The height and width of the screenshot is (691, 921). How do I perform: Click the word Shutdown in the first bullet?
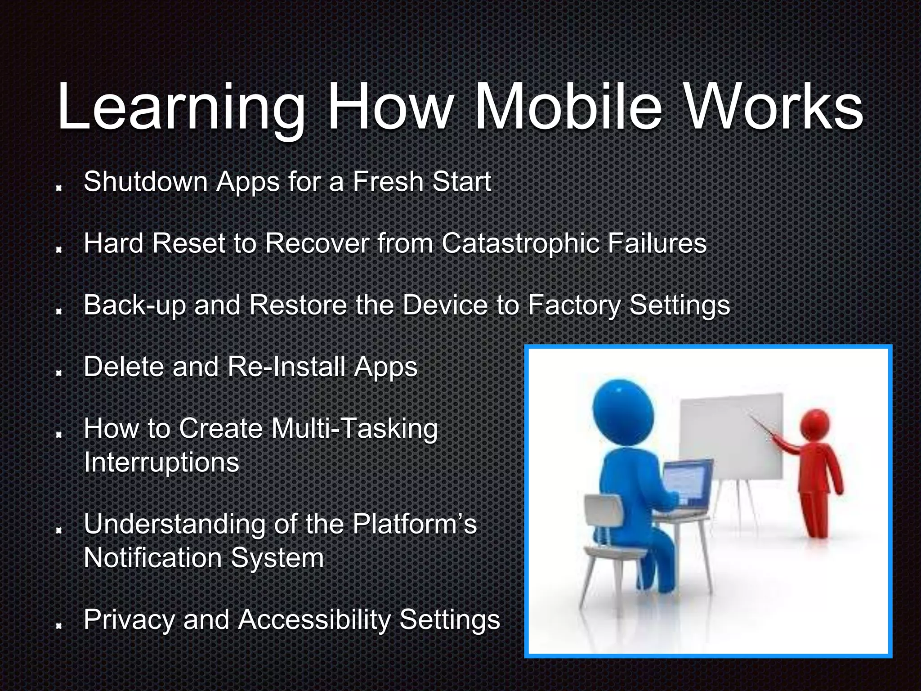(x=145, y=182)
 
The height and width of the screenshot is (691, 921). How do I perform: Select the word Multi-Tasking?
(x=354, y=428)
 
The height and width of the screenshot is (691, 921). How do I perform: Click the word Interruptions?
(x=161, y=462)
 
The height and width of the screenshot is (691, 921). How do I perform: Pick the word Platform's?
(x=414, y=524)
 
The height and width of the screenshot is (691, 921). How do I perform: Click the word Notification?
(x=153, y=558)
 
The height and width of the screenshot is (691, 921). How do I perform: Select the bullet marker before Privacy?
(x=58, y=626)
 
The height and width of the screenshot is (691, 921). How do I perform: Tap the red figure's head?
(x=814, y=424)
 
